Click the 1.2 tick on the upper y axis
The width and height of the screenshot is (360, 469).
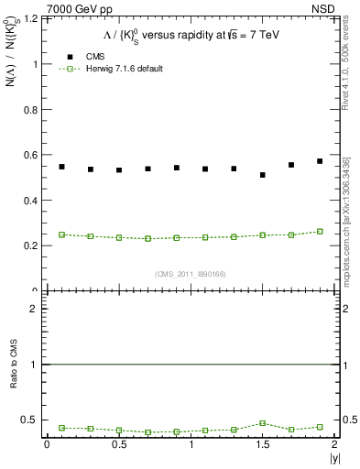point(32,19)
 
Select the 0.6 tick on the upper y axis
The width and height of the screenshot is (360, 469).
point(32,155)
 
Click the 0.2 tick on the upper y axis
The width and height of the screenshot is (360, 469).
point(32,245)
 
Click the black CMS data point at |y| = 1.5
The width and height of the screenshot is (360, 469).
point(262,175)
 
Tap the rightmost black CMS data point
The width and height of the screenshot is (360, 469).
point(320,161)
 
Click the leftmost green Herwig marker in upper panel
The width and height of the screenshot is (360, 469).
point(61,234)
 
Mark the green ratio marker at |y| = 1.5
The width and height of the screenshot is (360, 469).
point(262,423)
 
